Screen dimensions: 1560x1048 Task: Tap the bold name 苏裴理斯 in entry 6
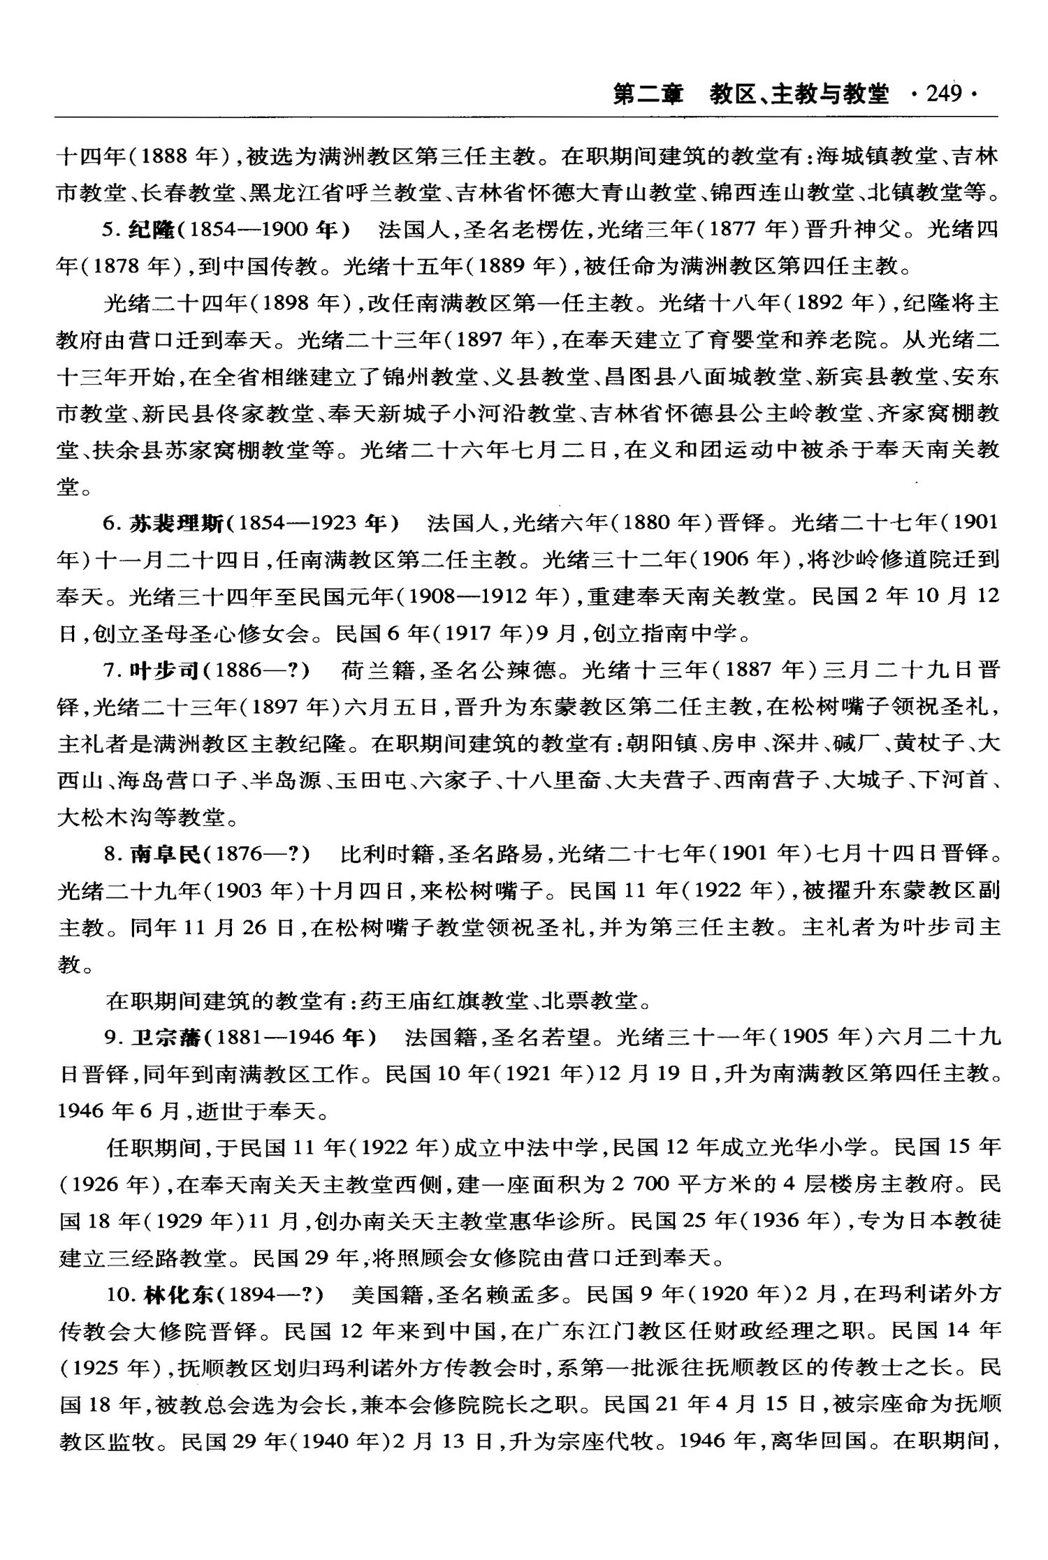tap(178, 522)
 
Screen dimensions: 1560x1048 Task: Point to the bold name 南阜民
tap(165, 853)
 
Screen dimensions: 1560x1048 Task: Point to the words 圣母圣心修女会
tap(203, 633)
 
